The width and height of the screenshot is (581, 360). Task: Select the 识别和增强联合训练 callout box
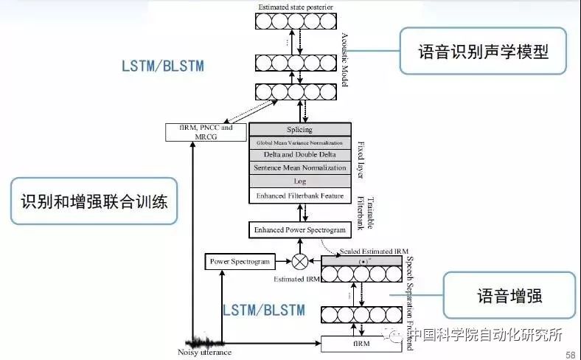(94, 201)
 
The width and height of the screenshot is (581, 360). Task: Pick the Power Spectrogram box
(240, 261)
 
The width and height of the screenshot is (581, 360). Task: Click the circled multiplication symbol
(300, 261)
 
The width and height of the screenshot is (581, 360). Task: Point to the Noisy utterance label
(205, 353)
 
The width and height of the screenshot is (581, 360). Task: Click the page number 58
(571, 355)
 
